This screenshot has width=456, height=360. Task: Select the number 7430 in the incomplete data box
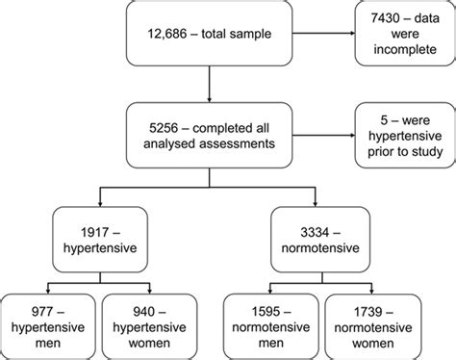pyautogui.click(x=376, y=16)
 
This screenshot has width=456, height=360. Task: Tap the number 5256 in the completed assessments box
pyautogui.click(x=156, y=124)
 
